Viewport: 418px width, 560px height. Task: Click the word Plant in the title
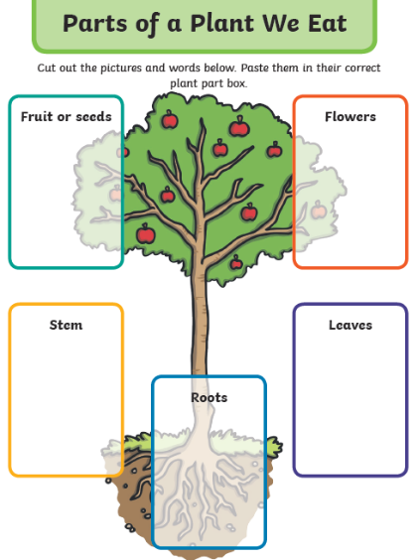pos(222,24)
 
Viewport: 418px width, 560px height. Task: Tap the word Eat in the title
pos(328,24)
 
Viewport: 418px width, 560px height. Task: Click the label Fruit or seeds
pos(67,117)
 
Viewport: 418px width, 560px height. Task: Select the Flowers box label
pos(350,117)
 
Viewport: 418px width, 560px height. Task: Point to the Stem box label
pos(67,325)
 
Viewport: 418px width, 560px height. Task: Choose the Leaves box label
pos(350,325)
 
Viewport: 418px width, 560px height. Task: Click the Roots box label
pos(209,397)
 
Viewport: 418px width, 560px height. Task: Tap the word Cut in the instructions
pos(47,68)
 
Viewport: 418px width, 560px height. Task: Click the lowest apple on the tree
pos(236,262)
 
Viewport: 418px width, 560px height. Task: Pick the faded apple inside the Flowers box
pos(318,210)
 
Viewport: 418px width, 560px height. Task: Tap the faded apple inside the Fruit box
pos(116,194)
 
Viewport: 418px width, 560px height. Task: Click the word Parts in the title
pos(94,24)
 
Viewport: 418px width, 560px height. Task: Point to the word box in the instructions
pos(237,83)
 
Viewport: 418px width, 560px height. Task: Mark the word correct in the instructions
pos(362,68)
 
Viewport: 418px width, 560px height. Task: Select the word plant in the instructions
pos(185,84)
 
